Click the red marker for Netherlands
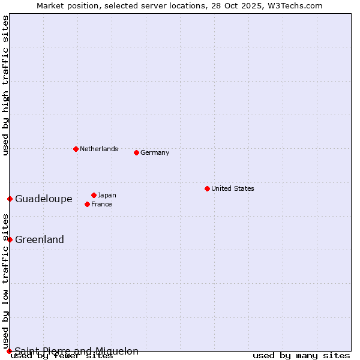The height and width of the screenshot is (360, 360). (76, 149)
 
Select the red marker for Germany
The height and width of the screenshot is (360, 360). (136, 152)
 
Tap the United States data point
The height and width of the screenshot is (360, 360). (207, 188)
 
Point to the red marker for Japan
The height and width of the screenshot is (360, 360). (94, 195)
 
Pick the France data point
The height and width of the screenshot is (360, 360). (87, 204)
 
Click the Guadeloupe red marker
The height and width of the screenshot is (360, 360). (10, 199)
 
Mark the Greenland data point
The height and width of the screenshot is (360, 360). (10, 239)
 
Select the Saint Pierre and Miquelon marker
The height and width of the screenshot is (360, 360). (9, 351)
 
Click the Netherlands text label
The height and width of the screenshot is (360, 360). (99, 149)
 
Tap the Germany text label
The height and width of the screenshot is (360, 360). (155, 152)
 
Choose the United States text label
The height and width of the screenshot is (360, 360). (233, 188)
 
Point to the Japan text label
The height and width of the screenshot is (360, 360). (107, 195)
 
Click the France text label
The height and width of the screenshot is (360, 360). (102, 204)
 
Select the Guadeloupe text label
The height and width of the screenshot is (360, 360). (44, 199)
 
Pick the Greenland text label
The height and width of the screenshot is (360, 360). (40, 239)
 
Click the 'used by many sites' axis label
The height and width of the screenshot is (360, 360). (301, 355)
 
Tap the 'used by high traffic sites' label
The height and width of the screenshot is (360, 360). (5, 85)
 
